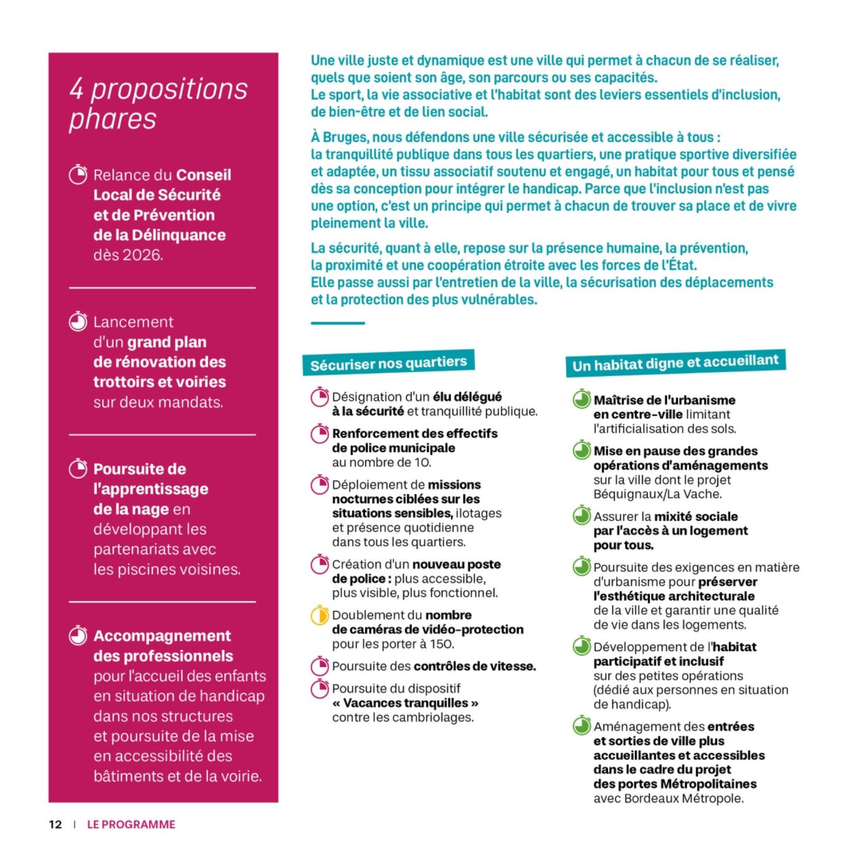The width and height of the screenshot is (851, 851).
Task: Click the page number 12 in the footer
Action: pos(55,824)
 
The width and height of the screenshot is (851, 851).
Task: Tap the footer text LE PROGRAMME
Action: pos(131,824)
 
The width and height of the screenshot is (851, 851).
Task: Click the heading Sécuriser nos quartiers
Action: pos(388,363)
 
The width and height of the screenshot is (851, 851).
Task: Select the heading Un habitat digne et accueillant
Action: pos(675,363)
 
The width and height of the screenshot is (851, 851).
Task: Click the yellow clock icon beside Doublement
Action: pos(320,615)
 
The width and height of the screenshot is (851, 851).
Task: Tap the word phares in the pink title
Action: pos(113,118)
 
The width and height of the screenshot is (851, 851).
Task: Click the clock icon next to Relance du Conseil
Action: pos(78,174)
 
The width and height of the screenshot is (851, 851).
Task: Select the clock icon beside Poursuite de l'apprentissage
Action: pos(78,468)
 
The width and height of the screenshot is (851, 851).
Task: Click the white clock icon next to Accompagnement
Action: pos(78,635)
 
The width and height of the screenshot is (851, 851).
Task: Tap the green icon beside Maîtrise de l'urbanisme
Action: pos(582,399)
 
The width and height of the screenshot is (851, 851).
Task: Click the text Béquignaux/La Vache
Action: pos(657,494)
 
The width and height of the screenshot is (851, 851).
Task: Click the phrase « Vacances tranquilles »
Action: pos(405,703)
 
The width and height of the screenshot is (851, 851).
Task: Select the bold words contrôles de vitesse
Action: pos(474,666)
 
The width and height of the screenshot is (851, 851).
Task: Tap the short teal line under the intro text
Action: pos(338,323)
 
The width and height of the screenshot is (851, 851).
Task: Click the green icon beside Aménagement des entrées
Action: pos(582,726)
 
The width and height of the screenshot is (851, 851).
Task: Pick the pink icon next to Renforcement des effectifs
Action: pos(320,433)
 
